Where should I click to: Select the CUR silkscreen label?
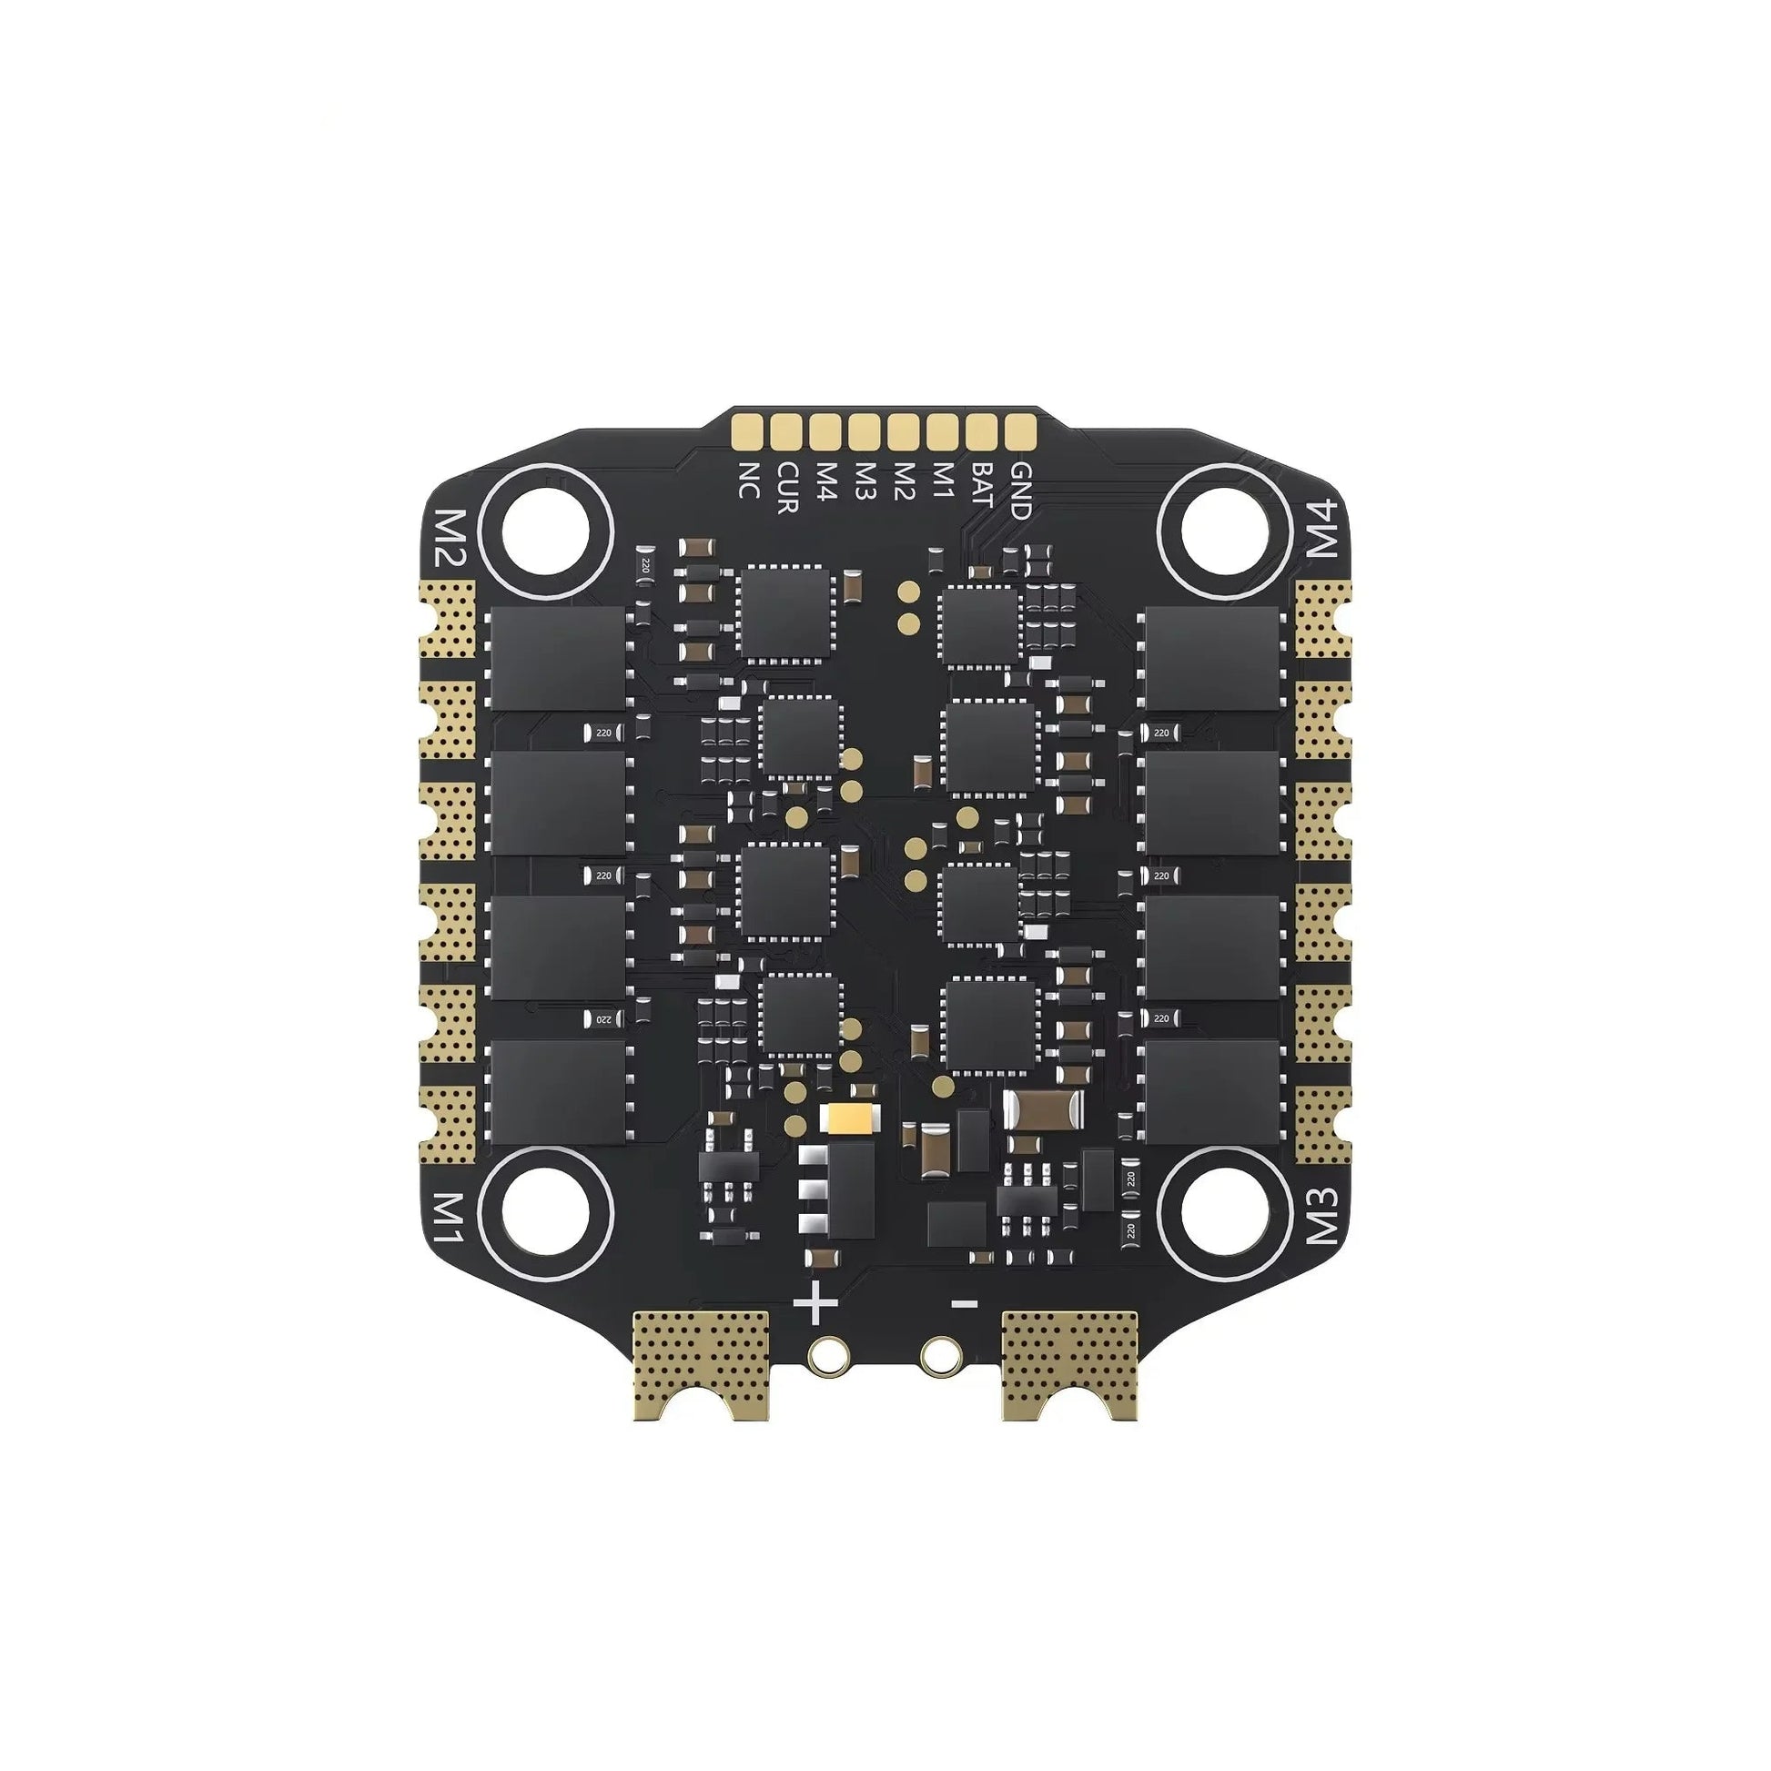tap(786, 488)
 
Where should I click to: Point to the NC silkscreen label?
tap(748, 479)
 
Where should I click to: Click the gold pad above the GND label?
tap(1019, 430)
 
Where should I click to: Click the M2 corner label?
tap(451, 538)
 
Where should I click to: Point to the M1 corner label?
tap(450, 1218)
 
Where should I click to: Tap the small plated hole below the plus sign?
tap(828, 1355)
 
